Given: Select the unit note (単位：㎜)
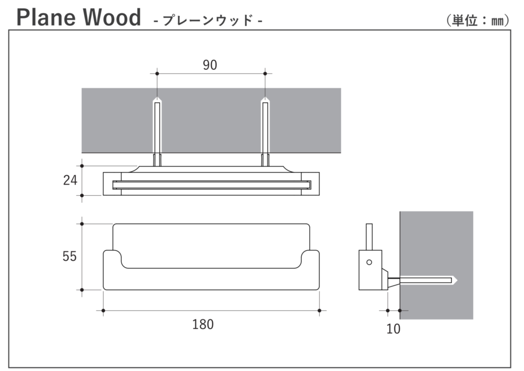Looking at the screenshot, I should [x=477, y=20].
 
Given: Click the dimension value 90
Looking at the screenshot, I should [x=210, y=65].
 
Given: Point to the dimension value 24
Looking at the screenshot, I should [x=70, y=181].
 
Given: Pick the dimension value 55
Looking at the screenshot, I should [x=70, y=257].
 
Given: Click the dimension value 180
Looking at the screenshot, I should [x=203, y=324].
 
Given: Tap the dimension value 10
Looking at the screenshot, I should [x=393, y=329].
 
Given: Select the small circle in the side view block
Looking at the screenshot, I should [x=369, y=262].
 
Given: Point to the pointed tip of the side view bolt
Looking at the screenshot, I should [x=456, y=280].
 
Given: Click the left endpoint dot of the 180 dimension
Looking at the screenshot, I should [x=103, y=311].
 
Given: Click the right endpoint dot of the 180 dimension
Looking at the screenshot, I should [x=320, y=311].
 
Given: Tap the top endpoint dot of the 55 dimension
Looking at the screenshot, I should [x=82, y=224].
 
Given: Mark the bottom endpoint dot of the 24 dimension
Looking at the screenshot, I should [x=82, y=195].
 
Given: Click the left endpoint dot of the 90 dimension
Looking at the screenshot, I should [x=157, y=73].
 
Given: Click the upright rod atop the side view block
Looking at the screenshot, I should [x=369, y=237].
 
